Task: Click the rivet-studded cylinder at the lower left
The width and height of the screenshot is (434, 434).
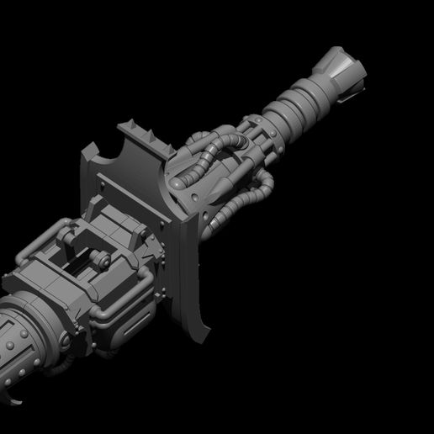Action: (21, 345)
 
